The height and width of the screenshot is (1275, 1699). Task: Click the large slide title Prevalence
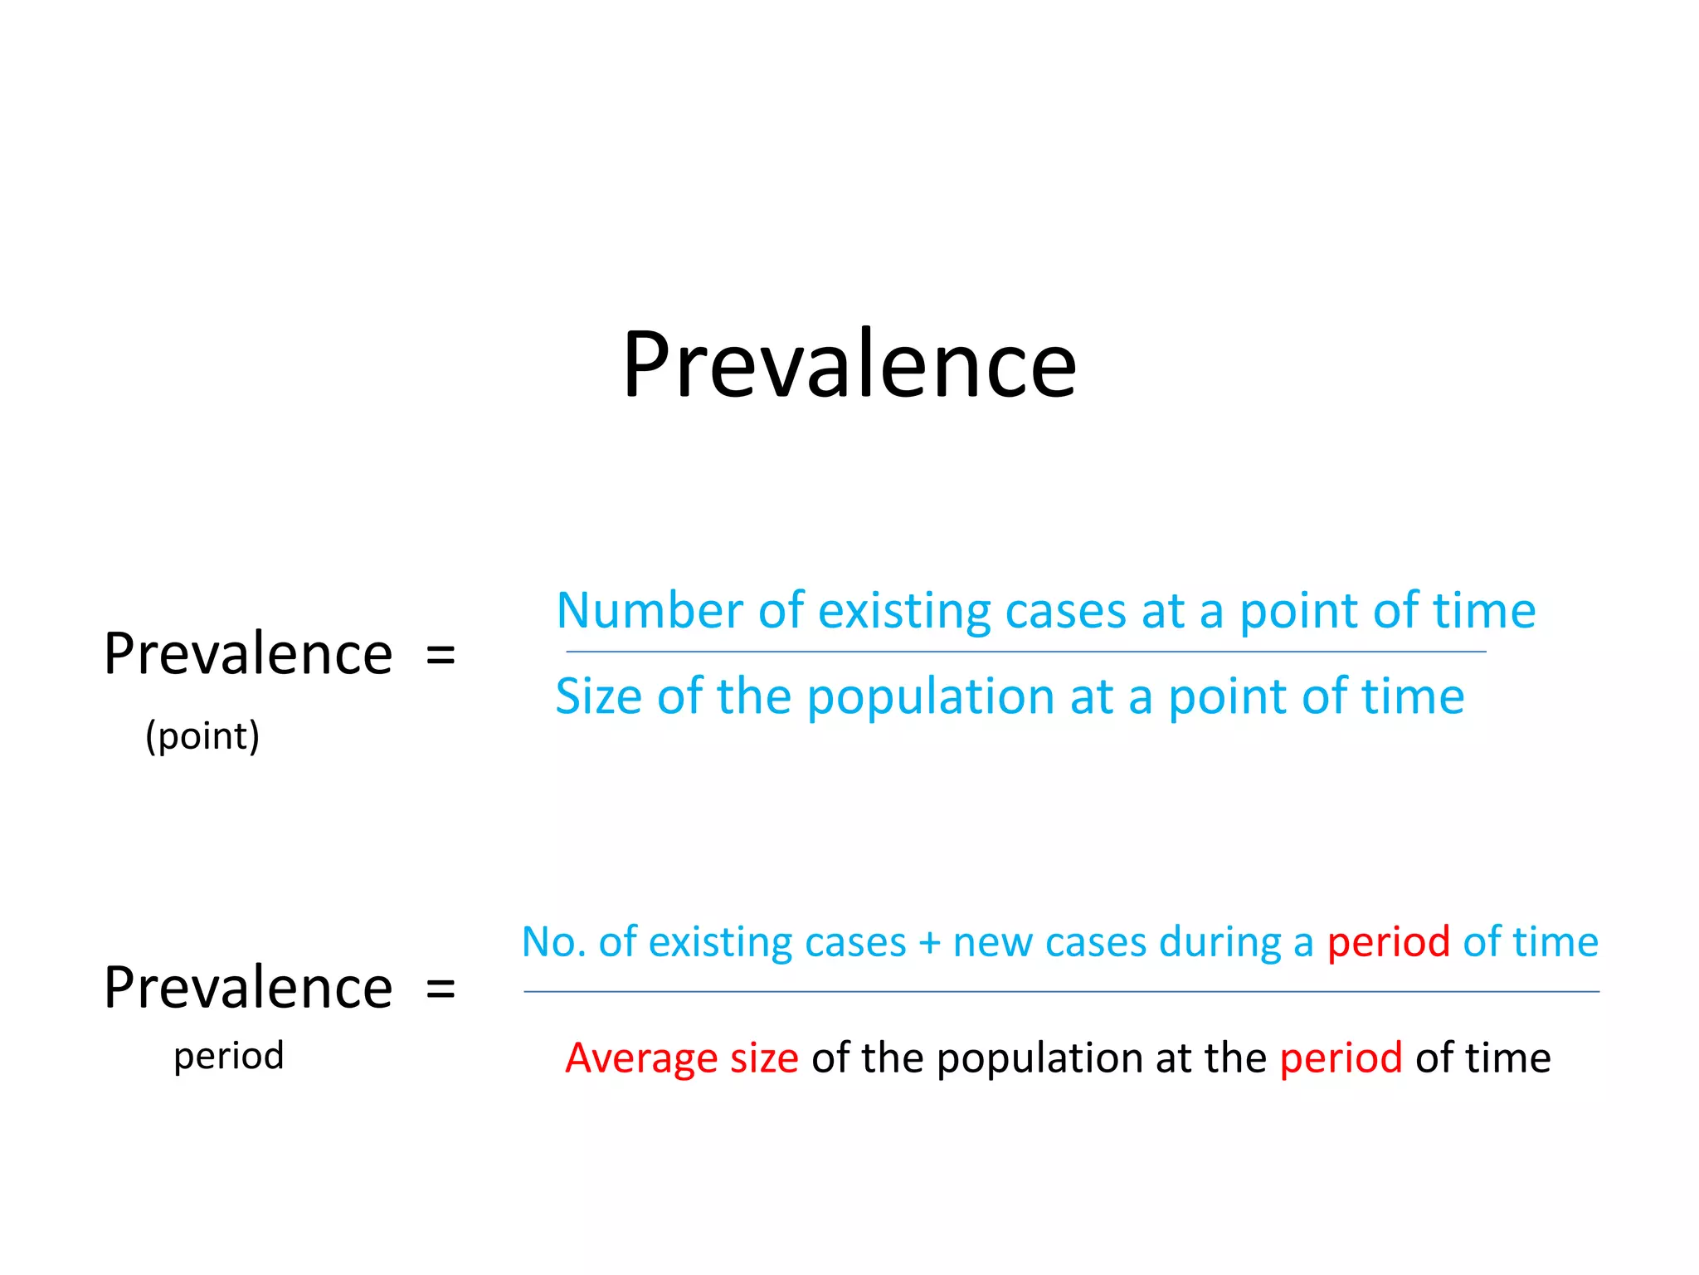(x=849, y=365)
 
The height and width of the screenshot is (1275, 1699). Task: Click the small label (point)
(x=202, y=735)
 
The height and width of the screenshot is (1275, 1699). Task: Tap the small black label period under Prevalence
(x=228, y=1057)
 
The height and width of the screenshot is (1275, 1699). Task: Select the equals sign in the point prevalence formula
(x=441, y=655)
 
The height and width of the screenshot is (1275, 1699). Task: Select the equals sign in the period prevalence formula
(x=441, y=989)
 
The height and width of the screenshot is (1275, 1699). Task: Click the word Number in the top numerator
(x=650, y=611)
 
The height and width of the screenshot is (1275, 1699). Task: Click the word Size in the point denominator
(x=598, y=696)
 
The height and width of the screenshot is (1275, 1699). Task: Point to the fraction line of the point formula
(x=1025, y=652)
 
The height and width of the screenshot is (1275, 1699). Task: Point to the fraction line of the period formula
(x=1061, y=992)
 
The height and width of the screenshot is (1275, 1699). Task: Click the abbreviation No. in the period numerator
(x=553, y=943)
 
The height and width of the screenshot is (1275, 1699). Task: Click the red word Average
(x=640, y=1059)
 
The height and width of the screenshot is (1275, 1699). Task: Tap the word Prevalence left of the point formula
(x=248, y=655)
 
